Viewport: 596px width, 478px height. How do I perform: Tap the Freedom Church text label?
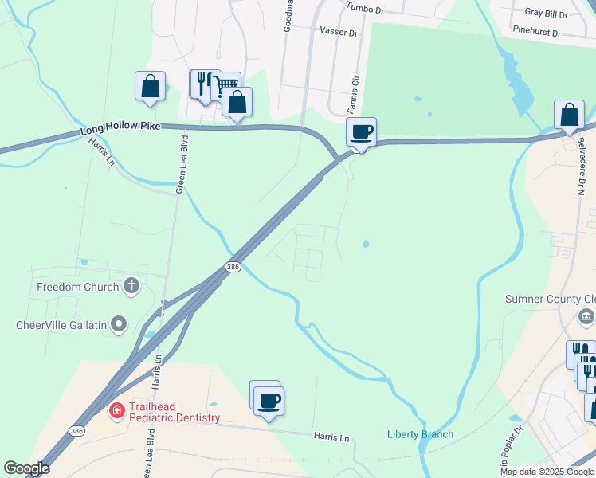(x=77, y=287)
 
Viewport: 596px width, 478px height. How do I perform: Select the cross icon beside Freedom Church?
(x=131, y=286)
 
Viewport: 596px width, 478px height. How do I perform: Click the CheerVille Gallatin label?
(x=62, y=324)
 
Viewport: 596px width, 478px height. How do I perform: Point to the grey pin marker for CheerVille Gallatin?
(x=120, y=323)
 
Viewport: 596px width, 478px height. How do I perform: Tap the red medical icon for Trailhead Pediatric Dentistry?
(x=116, y=411)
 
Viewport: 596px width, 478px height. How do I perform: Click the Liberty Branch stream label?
(x=420, y=434)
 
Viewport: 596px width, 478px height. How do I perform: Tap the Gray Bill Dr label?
(x=546, y=14)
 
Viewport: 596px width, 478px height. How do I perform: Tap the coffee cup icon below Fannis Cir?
(x=361, y=131)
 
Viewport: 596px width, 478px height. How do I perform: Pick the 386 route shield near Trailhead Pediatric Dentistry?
(x=76, y=431)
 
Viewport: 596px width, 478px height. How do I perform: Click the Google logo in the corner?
(x=27, y=468)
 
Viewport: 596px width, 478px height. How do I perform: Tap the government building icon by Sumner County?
(x=586, y=318)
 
